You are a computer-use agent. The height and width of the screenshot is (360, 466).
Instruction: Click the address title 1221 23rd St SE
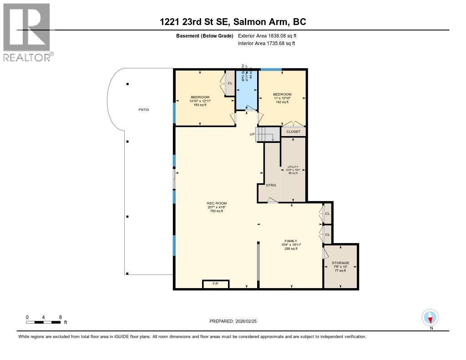click(233, 22)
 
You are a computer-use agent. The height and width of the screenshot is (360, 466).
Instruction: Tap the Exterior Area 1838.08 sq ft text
click(267, 35)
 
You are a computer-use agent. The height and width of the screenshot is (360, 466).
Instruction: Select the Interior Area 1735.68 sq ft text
click(266, 43)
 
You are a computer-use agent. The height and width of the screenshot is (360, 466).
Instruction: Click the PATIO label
click(144, 110)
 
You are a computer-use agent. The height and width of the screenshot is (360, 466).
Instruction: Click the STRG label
click(271, 185)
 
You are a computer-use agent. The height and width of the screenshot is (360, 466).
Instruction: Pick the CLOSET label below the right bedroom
click(294, 132)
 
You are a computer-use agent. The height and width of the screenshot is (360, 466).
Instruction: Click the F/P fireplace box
click(216, 284)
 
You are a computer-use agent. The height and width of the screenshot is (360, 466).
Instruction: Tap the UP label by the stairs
click(252, 134)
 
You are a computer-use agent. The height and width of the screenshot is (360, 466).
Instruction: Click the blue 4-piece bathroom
click(246, 89)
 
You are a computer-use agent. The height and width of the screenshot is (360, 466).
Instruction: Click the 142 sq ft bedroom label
click(282, 98)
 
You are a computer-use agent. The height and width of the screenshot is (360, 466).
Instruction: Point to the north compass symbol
click(430, 317)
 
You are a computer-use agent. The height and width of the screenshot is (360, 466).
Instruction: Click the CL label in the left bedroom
click(230, 83)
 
